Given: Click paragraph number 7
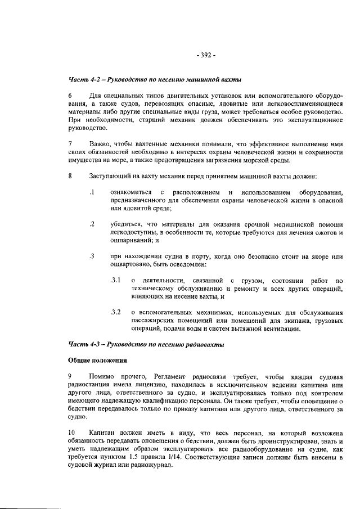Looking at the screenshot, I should click(70, 144).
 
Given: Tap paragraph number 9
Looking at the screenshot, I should click(70, 375).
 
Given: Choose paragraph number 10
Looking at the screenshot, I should click(72, 431).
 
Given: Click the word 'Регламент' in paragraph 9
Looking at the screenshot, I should click(167, 375).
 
